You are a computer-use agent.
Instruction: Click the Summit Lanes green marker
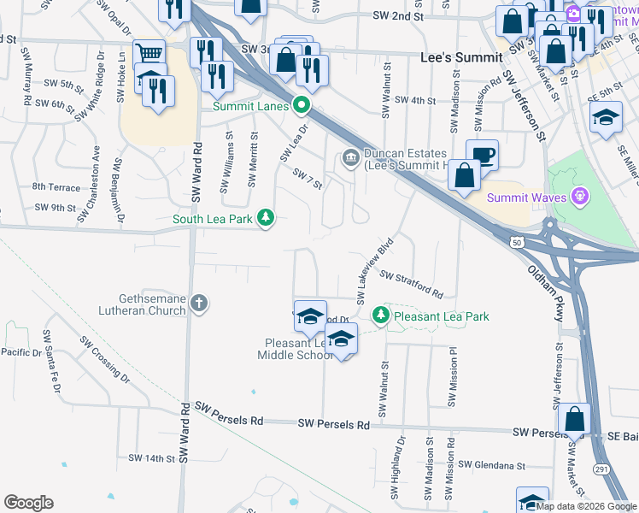[x=301, y=107]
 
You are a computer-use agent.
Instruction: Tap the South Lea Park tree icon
[x=267, y=218]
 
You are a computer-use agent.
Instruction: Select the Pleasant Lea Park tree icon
[x=381, y=316]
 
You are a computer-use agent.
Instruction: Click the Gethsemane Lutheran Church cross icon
[x=199, y=302]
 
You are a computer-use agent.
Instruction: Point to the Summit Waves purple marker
[x=581, y=198]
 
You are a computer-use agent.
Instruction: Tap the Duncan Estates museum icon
[x=350, y=158]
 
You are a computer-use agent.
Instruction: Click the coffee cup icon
[x=483, y=155]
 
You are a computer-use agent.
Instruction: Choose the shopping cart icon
[x=149, y=54]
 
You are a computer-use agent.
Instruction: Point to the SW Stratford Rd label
[x=412, y=286]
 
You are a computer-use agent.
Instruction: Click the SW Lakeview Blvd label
[x=374, y=270]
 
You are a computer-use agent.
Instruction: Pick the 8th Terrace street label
[x=55, y=186]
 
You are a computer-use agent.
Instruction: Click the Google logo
[x=28, y=502]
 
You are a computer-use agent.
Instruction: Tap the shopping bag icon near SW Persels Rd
[x=576, y=419]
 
